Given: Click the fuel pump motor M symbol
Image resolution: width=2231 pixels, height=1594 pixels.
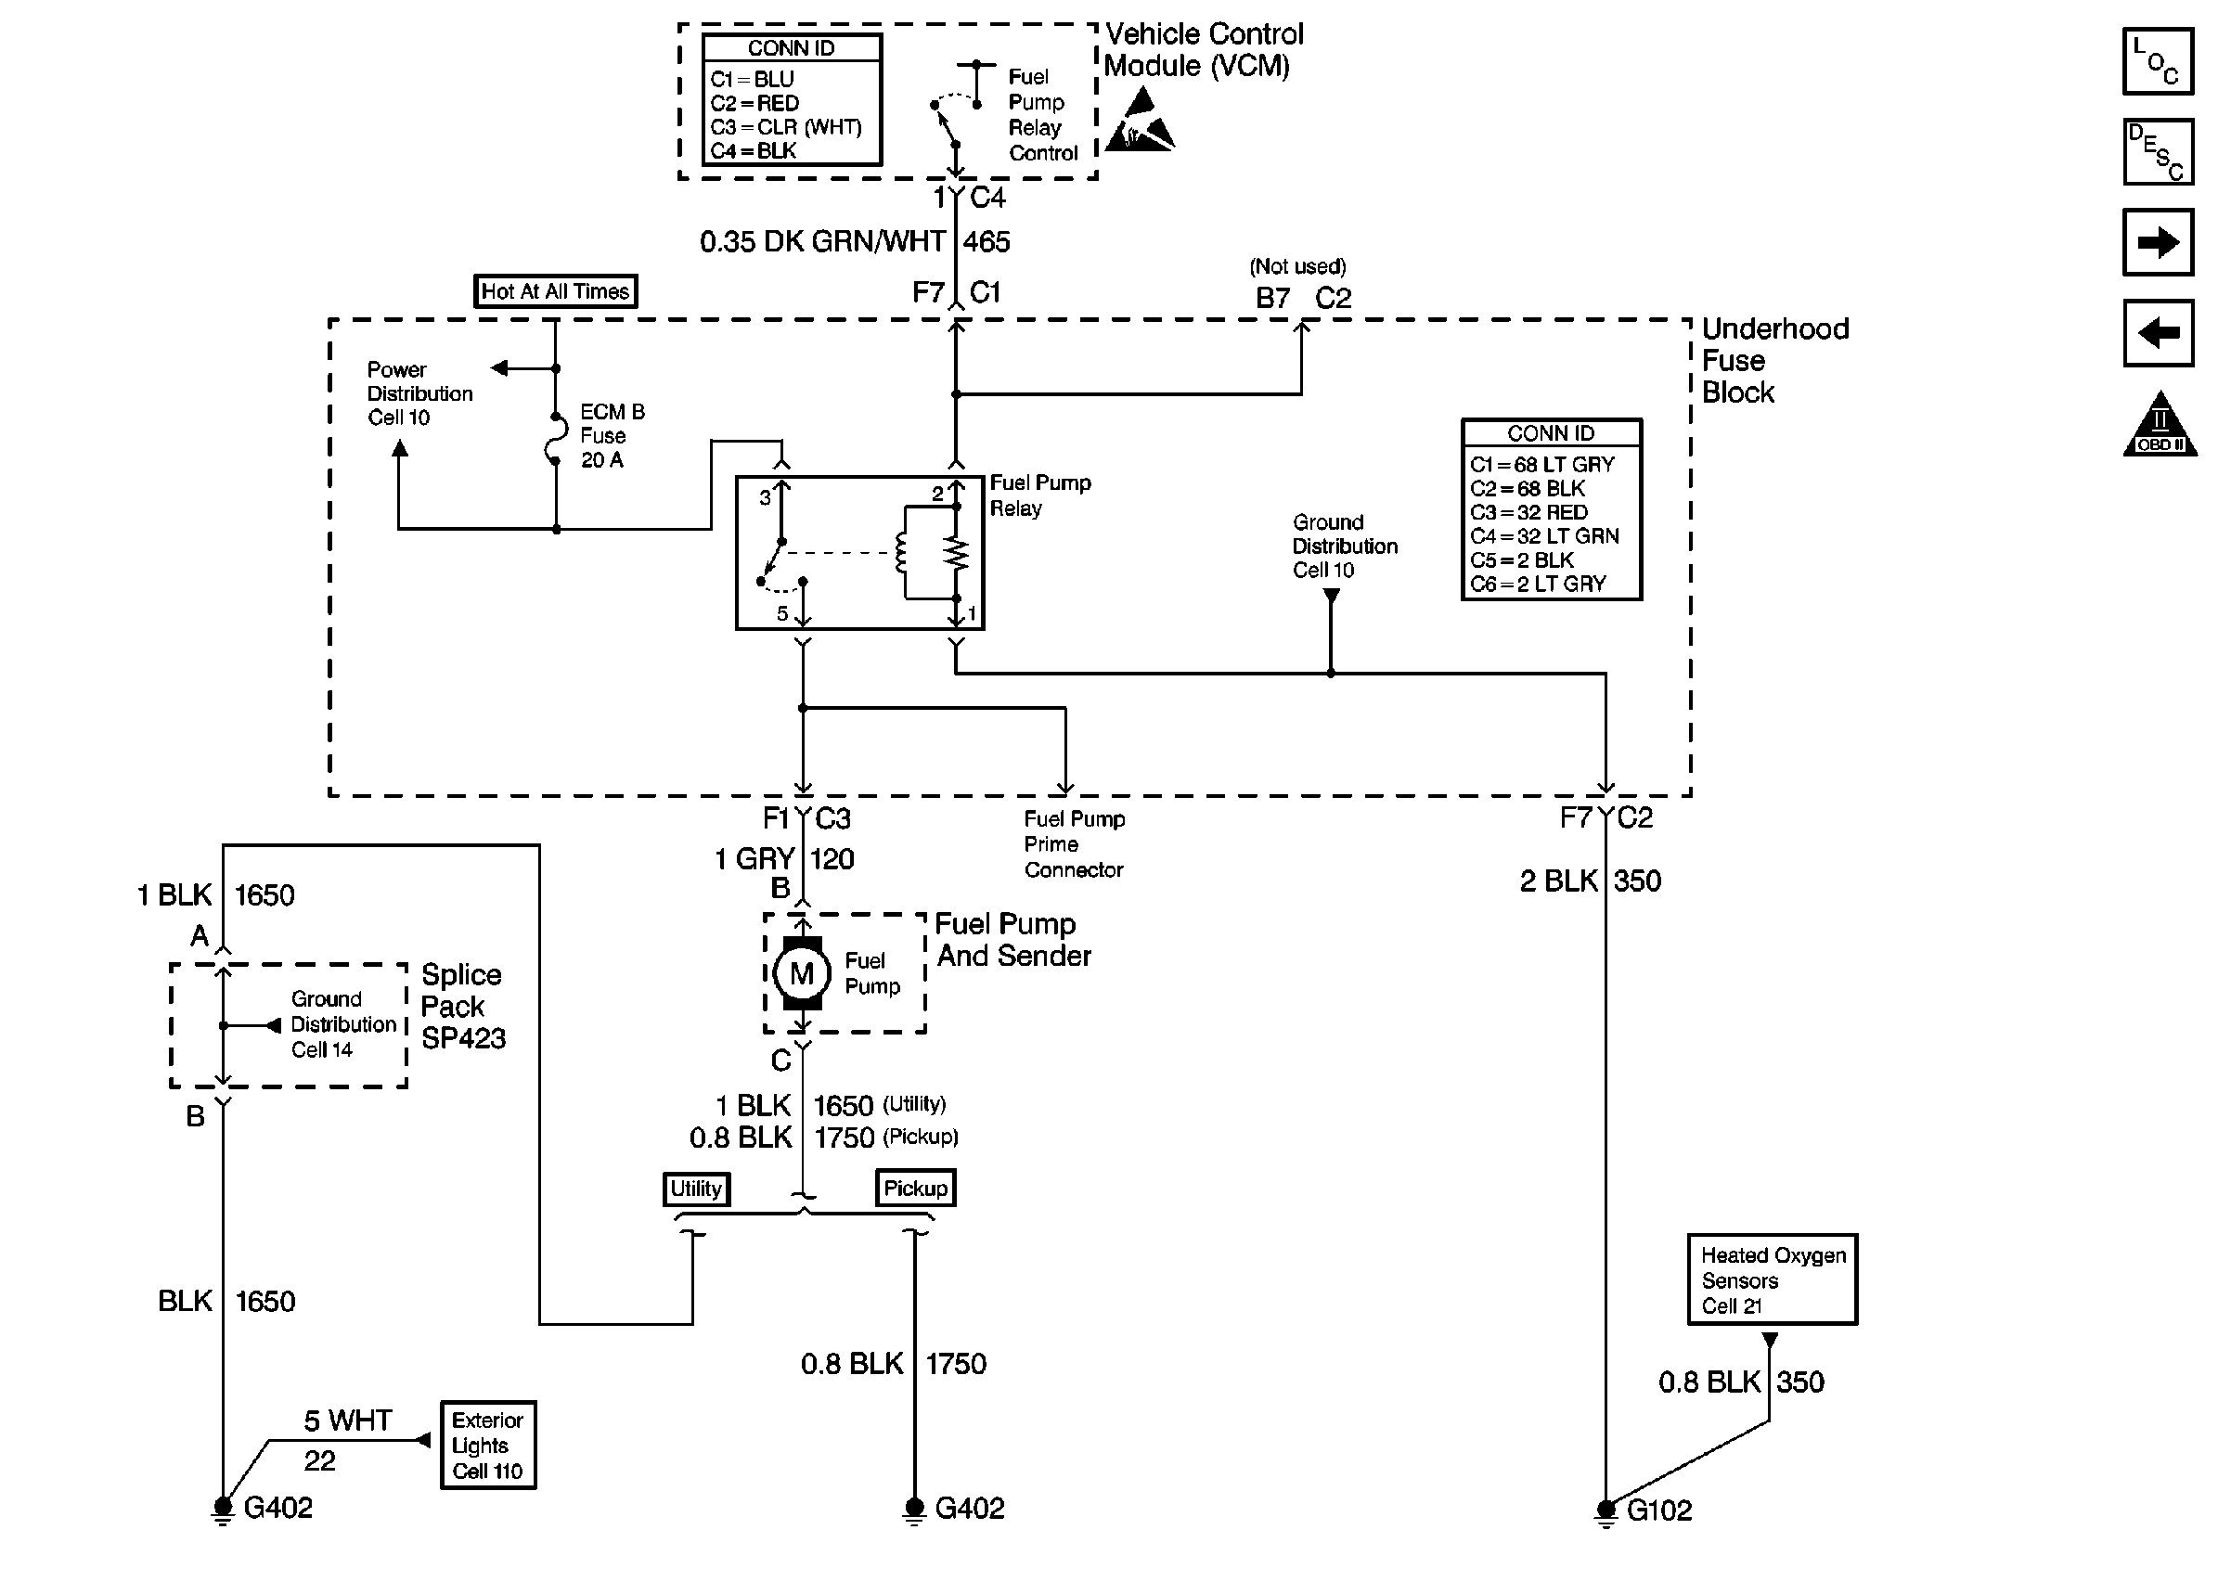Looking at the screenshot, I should tap(801, 973).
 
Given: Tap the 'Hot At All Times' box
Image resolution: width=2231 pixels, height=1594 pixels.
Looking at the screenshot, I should tap(555, 291).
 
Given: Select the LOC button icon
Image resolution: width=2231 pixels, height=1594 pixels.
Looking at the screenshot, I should tap(2158, 62).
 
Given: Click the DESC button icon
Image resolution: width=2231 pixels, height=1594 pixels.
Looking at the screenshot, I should tap(2158, 153).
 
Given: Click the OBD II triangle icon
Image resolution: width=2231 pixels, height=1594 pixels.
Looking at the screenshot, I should tap(2160, 427).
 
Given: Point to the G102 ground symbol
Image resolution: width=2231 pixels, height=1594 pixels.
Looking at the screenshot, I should tap(1606, 1511).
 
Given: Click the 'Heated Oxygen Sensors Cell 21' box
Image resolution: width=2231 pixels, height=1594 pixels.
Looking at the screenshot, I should tap(1772, 1279).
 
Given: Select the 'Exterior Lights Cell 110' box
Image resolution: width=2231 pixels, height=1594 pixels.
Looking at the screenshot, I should tap(488, 1445).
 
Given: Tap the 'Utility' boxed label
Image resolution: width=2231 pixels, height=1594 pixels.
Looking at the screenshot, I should tap(696, 1189).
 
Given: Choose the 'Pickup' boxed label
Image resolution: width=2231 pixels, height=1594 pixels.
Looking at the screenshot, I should tap(915, 1189).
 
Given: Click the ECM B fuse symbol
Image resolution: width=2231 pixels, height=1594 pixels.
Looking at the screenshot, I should tap(556, 440).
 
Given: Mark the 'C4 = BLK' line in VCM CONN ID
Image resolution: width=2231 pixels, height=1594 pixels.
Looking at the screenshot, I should tap(754, 151).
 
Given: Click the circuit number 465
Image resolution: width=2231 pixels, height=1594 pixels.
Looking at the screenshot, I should tap(987, 241).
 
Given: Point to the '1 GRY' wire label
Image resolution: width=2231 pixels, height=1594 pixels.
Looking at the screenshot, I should tap(754, 860).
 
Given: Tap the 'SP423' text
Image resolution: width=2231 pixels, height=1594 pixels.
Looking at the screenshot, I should tap(463, 1038).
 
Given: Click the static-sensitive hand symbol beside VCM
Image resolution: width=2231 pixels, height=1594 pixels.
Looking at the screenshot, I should tap(1140, 123).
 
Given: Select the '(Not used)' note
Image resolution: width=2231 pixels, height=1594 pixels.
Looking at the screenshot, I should tap(1297, 266).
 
